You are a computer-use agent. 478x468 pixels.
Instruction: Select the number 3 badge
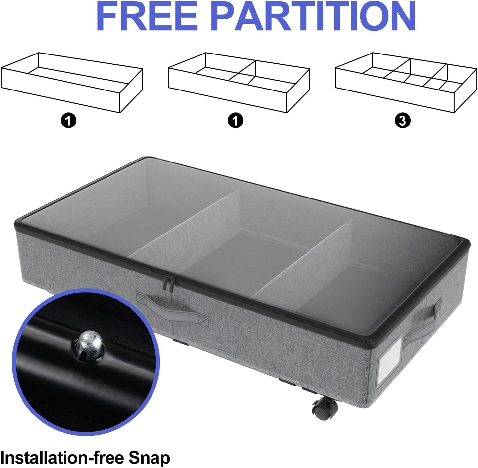pyautogui.click(x=402, y=121)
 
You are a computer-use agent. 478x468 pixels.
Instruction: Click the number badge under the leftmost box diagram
pyautogui.click(x=68, y=121)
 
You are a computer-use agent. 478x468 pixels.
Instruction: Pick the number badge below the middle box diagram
pyautogui.click(x=235, y=121)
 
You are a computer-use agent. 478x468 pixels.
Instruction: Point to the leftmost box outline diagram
pyautogui.click(x=72, y=82)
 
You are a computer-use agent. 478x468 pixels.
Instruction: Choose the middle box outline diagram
pyautogui.click(x=239, y=82)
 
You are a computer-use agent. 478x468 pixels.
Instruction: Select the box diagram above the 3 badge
pyautogui.click(x=406, y=82)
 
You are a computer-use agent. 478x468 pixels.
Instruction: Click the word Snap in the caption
pyautogui.click(x=149, y=458)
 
